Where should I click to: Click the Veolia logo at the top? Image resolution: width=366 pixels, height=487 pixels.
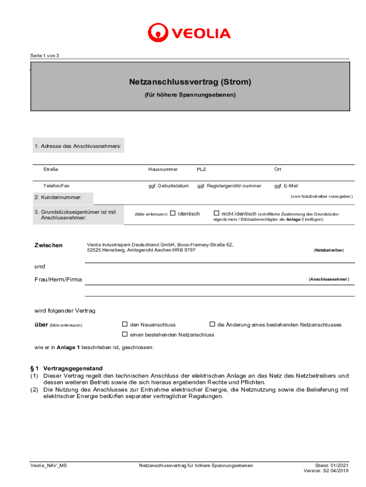[x=189, y=33]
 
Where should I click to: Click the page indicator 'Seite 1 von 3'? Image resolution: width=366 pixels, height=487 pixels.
[x=45, y=56]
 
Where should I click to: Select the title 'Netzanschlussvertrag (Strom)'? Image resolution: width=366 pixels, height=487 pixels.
[x=190, y=82]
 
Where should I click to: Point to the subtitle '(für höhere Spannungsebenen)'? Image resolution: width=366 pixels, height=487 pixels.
[x=190, y=95]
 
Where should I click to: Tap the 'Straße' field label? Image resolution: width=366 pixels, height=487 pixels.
[x=51, y=169]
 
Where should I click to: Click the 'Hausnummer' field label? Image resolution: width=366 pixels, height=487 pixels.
[x=163, y=169]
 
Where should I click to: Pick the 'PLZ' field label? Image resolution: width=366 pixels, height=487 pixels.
[x=202, y=169]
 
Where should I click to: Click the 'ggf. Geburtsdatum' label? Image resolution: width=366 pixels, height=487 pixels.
[x=168, y=186]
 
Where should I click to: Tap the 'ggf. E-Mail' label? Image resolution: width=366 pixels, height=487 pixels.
[x=286, y=186]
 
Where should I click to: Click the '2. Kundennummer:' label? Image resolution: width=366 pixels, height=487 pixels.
[x=58, y=197]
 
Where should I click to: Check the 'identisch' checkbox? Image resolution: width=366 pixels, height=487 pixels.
[x=173, y=214]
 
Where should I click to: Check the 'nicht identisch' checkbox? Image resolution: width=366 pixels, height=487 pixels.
[x=216, y=214]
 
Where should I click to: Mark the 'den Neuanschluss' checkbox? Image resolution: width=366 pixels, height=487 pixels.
[x=125, y=324]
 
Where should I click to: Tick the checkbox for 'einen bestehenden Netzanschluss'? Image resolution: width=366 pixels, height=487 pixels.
[x=125, y=334]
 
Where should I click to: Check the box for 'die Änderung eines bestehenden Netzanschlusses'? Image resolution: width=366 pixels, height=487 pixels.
[x=212, y=324]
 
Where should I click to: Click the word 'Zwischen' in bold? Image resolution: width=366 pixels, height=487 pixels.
[x=48, y=245]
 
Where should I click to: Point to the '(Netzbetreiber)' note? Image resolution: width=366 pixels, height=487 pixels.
[x=329, y=250]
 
